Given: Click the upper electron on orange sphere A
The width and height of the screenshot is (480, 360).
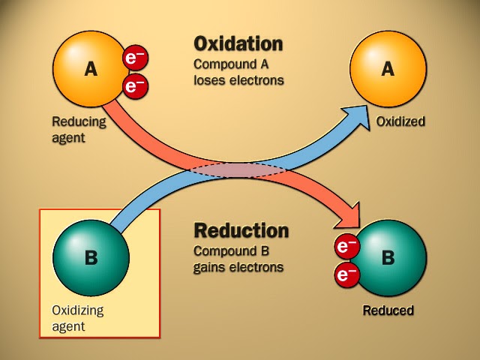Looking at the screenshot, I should (136, 58).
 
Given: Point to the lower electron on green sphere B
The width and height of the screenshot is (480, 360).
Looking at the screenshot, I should (346, 275).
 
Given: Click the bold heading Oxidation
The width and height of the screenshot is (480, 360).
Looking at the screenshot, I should (238, 43).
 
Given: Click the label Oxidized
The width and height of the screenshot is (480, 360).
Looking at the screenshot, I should (400, 121).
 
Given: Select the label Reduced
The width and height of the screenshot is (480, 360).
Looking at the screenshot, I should (388, 310).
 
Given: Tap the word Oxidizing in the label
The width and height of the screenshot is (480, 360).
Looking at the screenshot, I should (78, 310).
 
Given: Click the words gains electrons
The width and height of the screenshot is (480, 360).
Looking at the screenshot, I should (238, 266).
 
